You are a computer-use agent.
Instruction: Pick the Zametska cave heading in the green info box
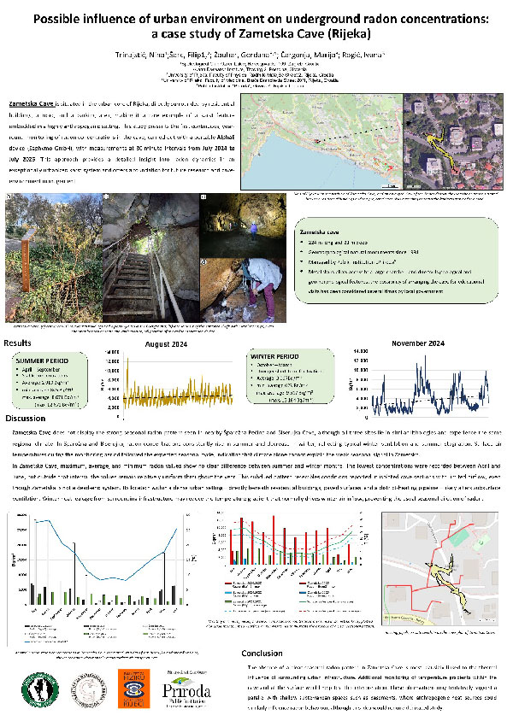(321, 231)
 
